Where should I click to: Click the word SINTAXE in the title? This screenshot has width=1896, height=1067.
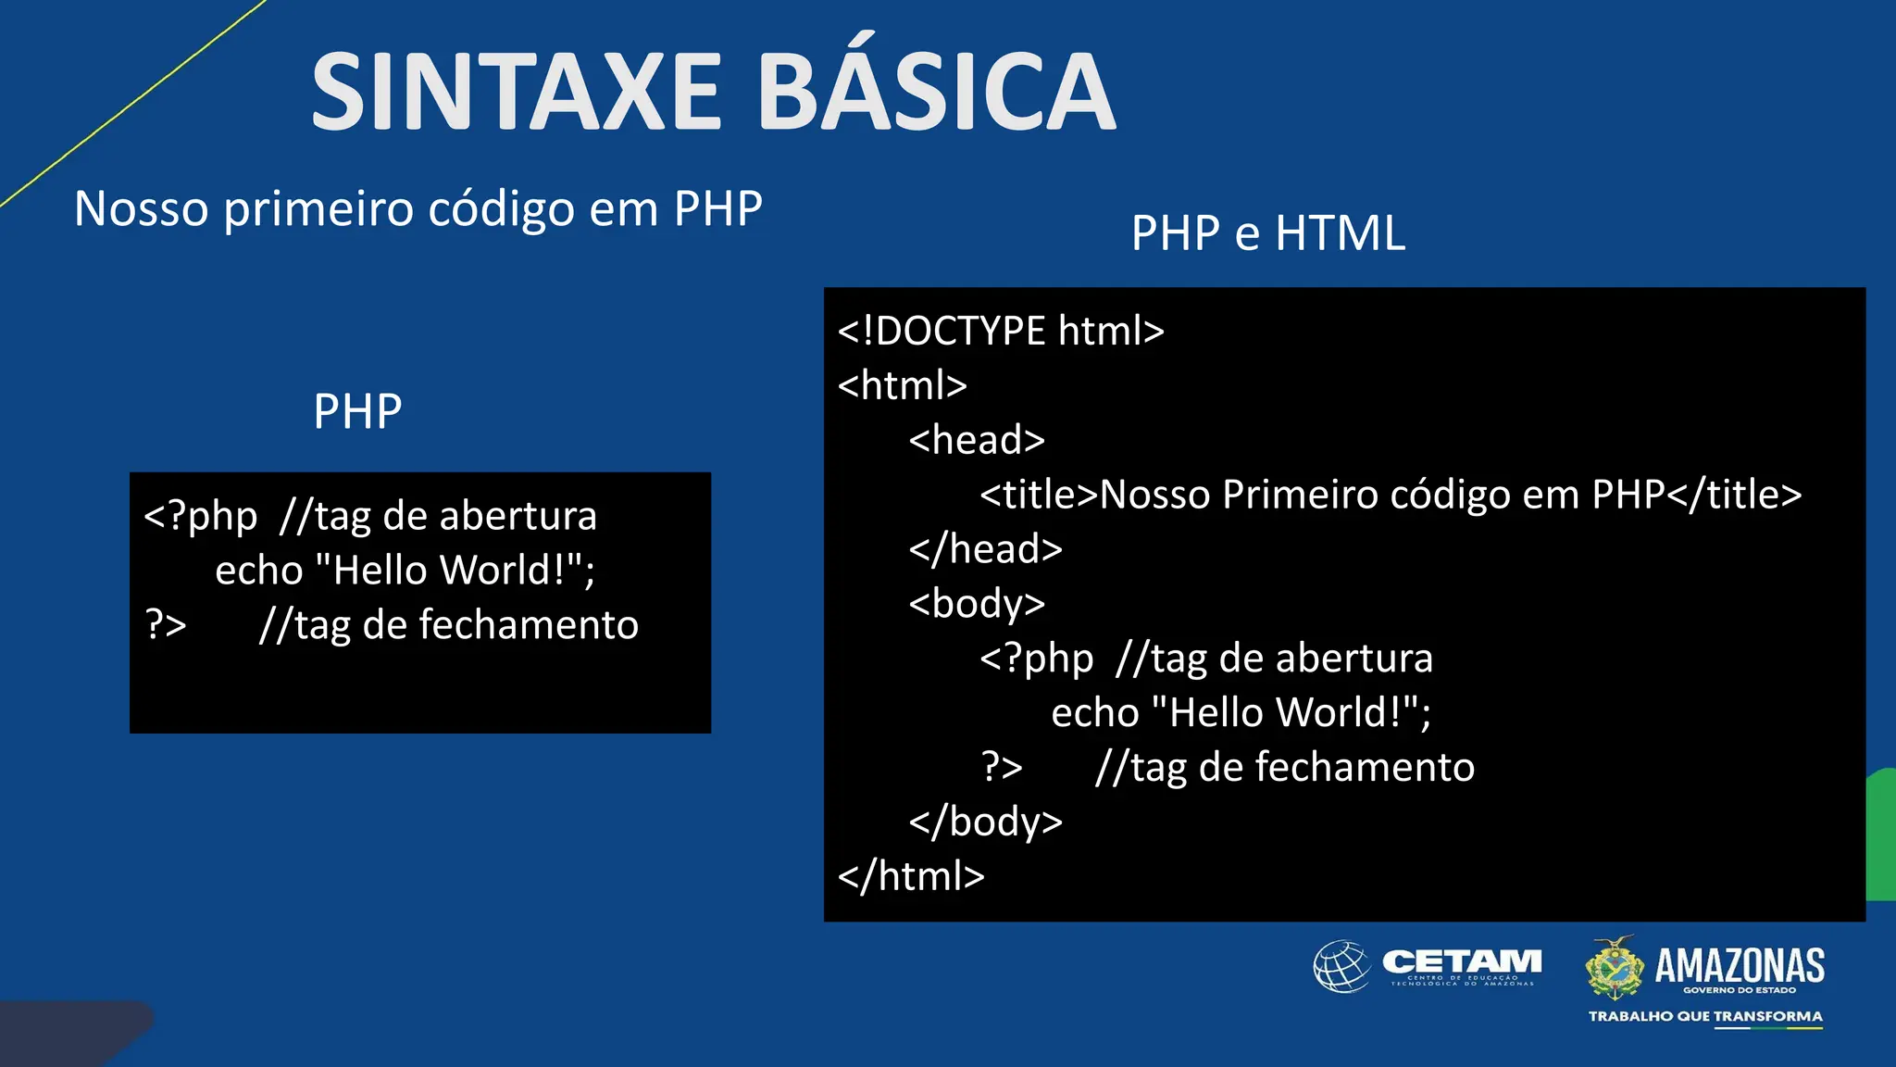515,93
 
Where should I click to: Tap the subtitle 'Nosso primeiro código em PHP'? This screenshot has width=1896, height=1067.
418,208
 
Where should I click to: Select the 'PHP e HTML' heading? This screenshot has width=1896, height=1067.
1267,232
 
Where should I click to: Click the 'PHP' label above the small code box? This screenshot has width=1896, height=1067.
357,411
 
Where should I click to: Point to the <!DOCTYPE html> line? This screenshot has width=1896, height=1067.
1001,331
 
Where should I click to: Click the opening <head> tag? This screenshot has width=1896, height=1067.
977,439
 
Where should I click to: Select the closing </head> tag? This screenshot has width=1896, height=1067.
985,548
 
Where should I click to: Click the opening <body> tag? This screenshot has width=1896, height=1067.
977,603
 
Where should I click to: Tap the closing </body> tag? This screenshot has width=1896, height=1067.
985,822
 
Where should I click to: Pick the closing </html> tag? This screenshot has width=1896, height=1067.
911,875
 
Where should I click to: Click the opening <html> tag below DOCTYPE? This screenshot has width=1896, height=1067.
902,384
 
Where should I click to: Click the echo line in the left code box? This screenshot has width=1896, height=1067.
405,570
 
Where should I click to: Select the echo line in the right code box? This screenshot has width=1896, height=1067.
1241,712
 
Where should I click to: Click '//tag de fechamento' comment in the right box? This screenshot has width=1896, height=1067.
1284,767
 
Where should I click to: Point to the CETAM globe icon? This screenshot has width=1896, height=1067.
1341,966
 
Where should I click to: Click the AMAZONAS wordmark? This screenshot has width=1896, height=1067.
1739,965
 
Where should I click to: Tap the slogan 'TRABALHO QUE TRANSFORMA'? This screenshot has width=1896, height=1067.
1705,1016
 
